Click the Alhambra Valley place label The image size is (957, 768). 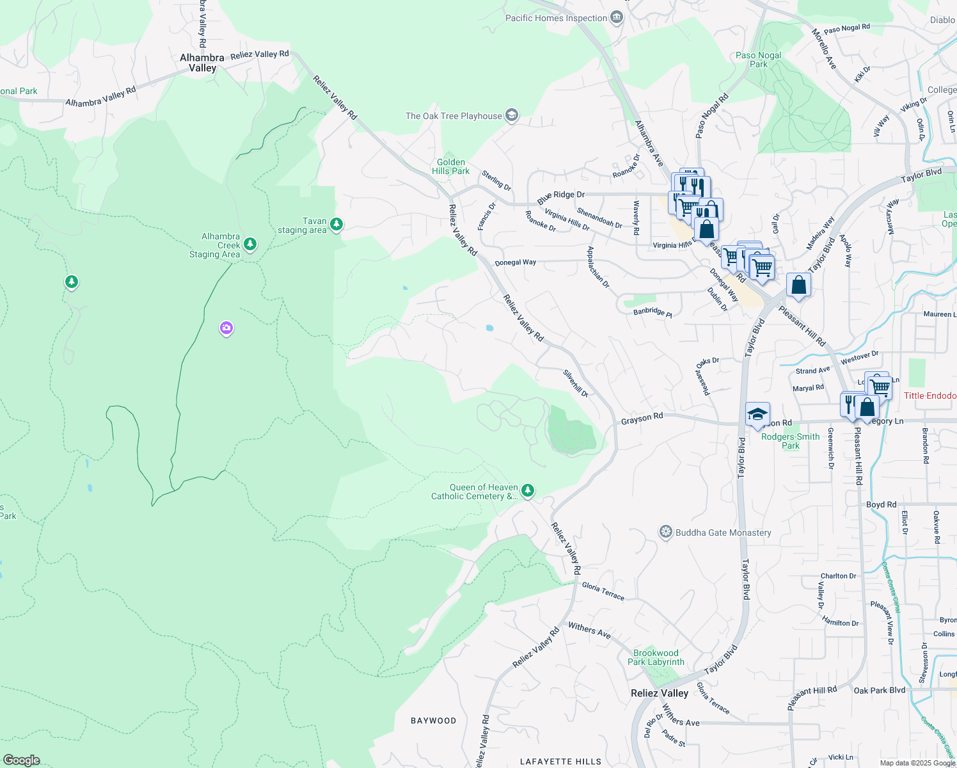(202, 63)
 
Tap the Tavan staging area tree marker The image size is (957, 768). (336, 224)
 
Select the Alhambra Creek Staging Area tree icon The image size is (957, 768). (250, 244)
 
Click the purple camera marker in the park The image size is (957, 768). (226, 328)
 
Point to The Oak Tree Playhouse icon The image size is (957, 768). (511, 115)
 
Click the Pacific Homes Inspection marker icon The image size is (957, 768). (617, 17)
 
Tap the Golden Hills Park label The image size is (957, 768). (450, 166)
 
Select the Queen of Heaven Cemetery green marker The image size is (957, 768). (527, 490)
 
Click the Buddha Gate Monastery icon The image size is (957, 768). (666, 532)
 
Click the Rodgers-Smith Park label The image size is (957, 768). (791, 441)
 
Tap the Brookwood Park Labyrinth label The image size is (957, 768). (656, 657)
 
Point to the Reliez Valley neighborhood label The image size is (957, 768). (659, 693)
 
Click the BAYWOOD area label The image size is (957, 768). (433, 721)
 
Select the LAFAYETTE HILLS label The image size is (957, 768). (560, 762)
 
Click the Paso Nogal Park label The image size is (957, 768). (758, 60)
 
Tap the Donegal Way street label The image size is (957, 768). (516, 262)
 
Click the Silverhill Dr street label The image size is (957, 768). (575, 383)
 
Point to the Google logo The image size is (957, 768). (21, 760)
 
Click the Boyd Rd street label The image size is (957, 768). (881, 504)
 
